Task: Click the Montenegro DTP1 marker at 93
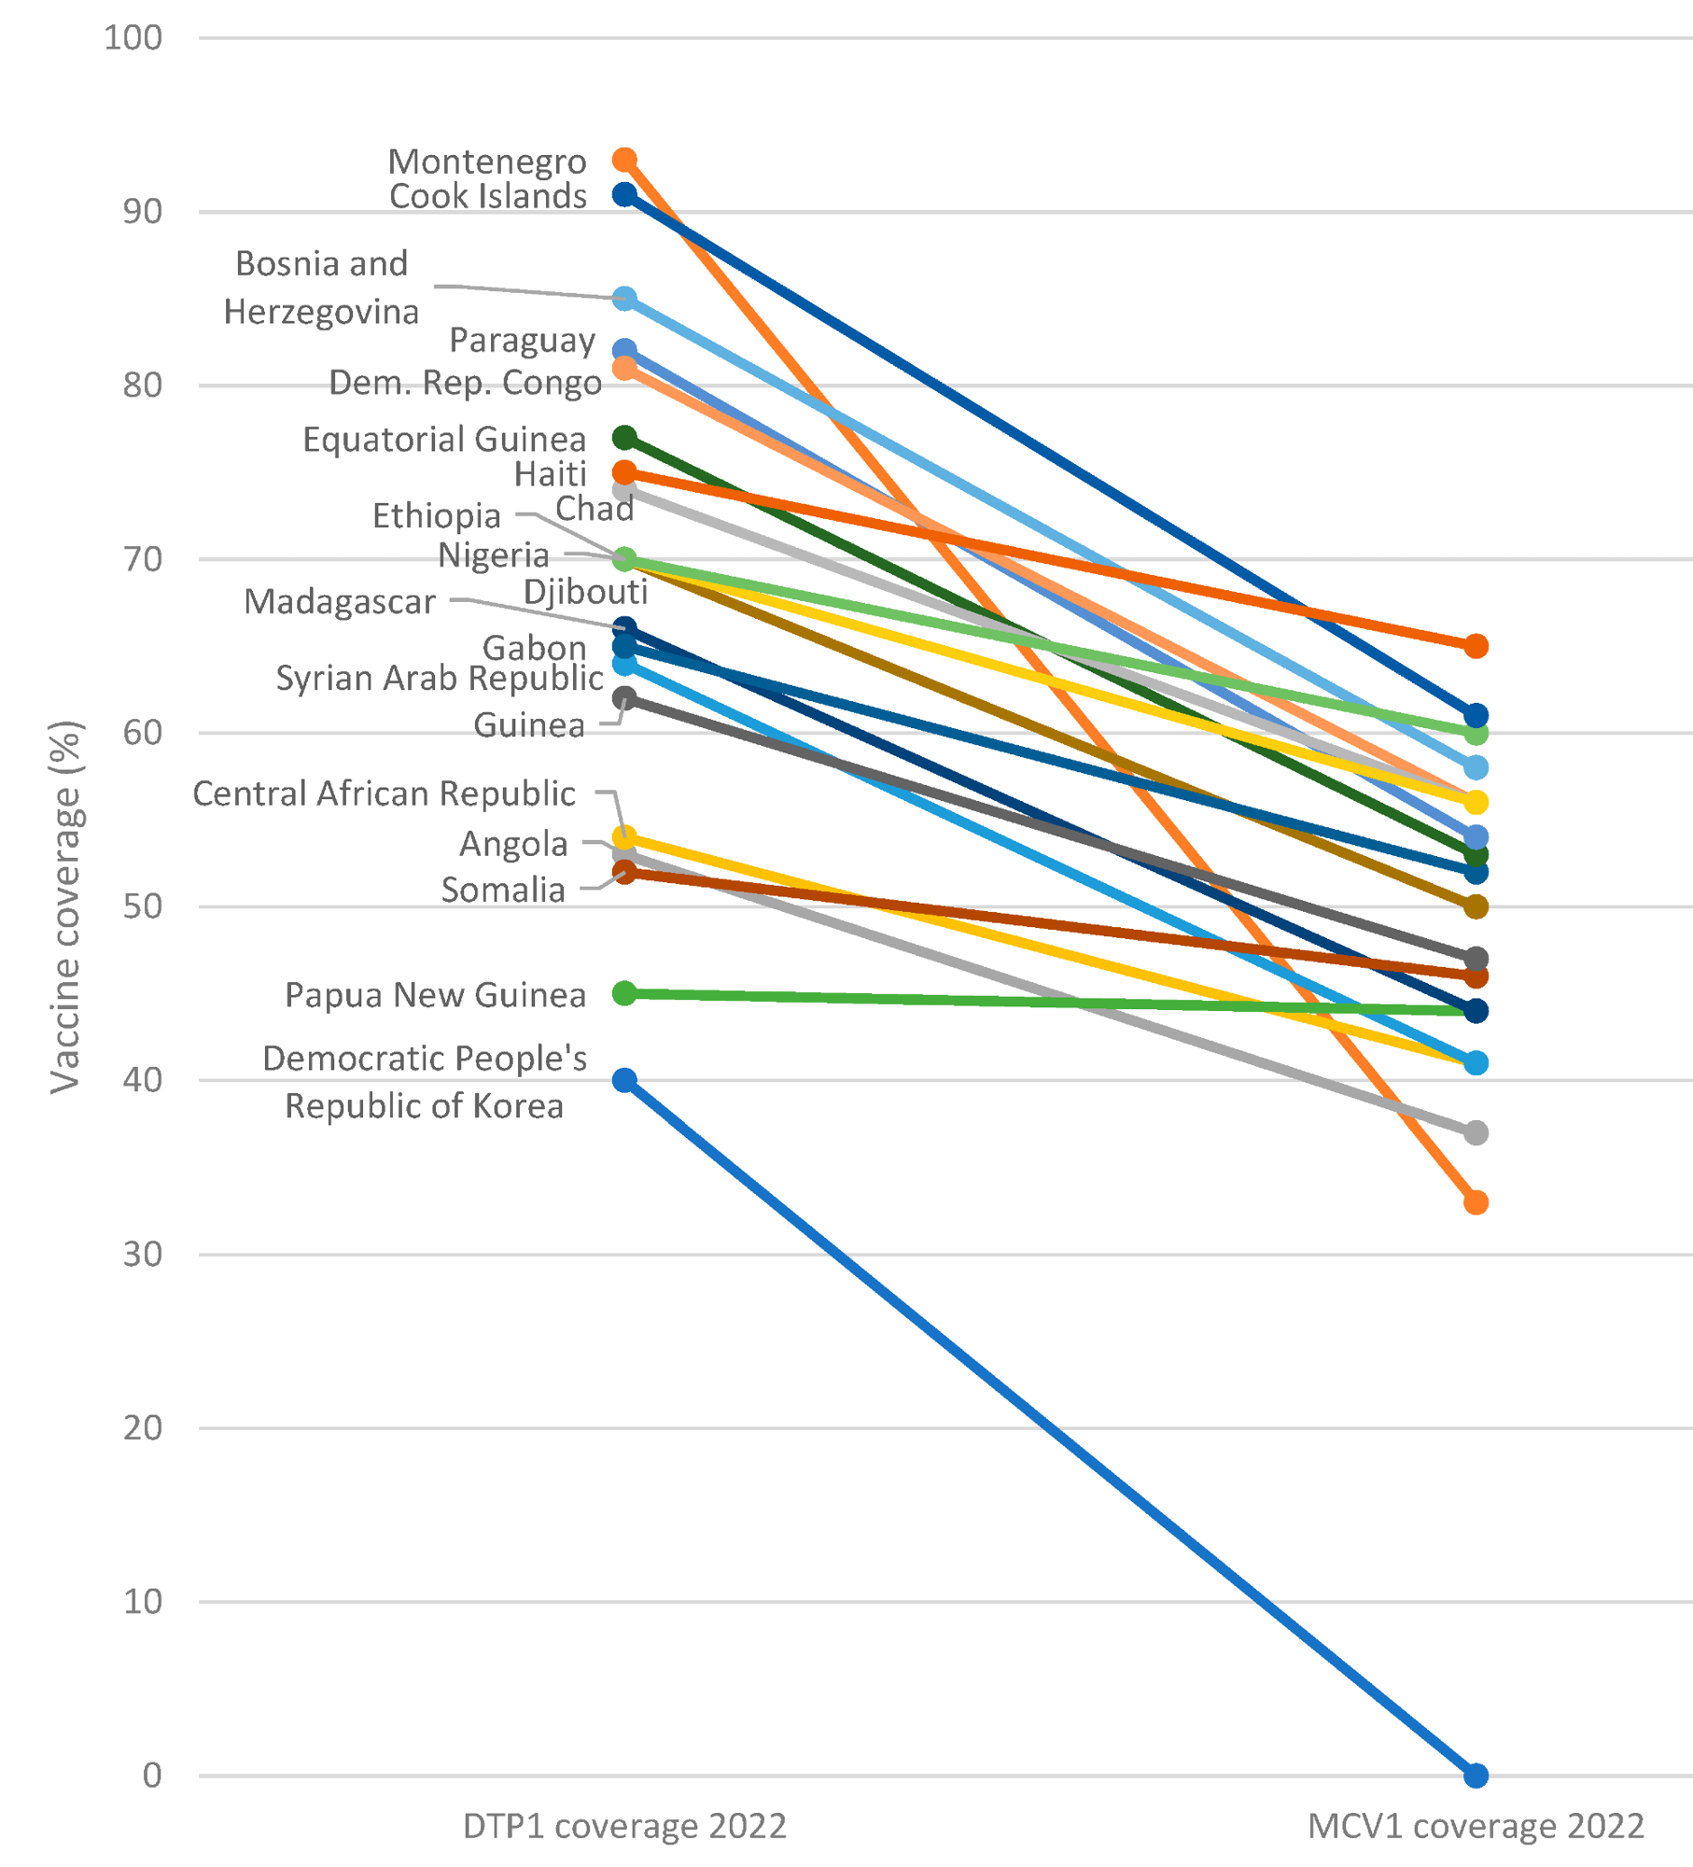[624, 161]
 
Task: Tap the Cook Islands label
[488, 196]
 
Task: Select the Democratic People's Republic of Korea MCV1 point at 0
[1475, 1775]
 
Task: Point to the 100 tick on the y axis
[133, 38]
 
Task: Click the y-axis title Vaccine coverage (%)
[66, 905]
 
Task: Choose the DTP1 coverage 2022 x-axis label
[624, 1826]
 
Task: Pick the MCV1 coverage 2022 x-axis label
[1475, 1826]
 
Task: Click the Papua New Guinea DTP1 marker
[624, 993]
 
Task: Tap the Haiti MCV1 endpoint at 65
[1475, 646]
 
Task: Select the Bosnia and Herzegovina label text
[321, 288]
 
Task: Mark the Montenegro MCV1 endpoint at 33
[1475, 1202]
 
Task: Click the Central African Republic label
[384, 793]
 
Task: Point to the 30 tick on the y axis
[142, 1254]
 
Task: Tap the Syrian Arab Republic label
[439, 678]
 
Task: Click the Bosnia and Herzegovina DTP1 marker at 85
[624, 299]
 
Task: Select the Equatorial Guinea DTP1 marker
[624, 438]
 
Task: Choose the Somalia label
[503, 890]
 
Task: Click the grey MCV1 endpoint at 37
[1475, 1132]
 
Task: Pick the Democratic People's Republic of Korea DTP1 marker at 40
[624, 1080]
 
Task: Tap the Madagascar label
[340, 602]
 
